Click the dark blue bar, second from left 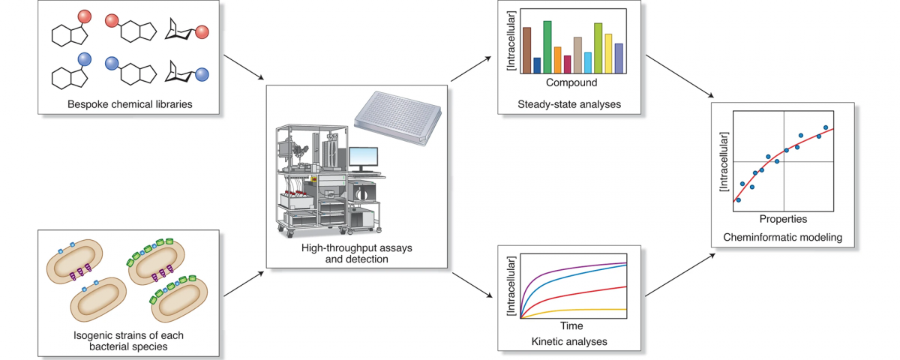(537, 65)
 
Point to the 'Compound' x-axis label (571, 82)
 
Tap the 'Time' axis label (571, 326)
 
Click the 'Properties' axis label (783, 220)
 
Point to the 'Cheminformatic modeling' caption (783, 238)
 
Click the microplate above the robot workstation (392, 119)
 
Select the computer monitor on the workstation (364, 157)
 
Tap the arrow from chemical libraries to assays (244, 69)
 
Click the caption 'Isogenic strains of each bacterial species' (130, 340)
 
